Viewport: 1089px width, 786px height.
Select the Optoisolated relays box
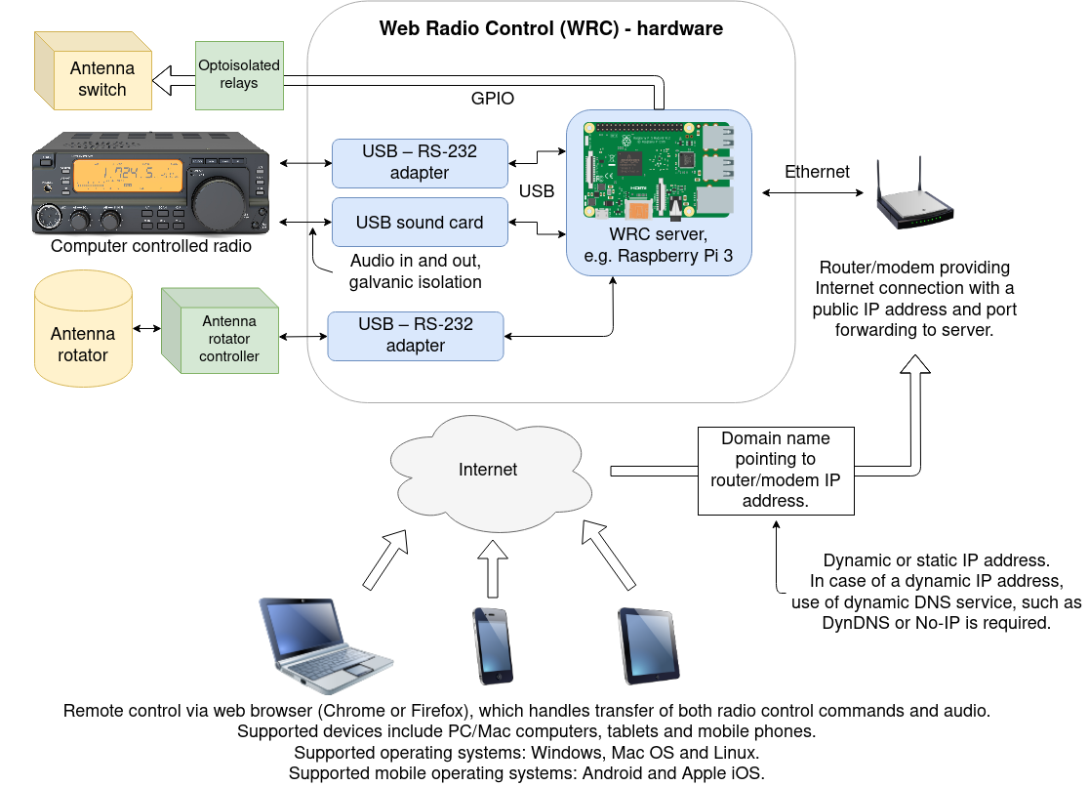tap(240, 75)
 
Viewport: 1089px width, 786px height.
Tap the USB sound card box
tap(420, 223)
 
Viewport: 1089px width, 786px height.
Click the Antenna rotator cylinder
tap(83, 329)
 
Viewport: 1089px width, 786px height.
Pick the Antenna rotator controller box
tap(221, 331)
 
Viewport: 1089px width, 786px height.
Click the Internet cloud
tap(490, 473)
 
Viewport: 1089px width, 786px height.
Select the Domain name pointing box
tap(776, 471)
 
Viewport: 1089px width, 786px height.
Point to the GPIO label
tap(493, 99)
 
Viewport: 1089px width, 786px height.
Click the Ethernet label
tap(817, 172)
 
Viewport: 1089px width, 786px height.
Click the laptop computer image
tap(324, 644)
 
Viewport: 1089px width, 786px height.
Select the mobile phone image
tap(493, 645)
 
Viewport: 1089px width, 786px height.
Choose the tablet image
tap(649, 645)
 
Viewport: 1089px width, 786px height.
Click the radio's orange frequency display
tap(128, 175)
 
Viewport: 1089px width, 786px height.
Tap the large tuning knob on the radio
tap(219, 203)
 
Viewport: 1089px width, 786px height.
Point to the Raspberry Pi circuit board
tap(659, 171)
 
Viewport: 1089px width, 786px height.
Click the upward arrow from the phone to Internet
tap(493, 568)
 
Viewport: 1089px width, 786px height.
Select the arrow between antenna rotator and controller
tap(146, 328)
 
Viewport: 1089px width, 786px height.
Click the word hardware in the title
tap(680, 28)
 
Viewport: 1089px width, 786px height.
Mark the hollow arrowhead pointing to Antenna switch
tap(163, 81)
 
